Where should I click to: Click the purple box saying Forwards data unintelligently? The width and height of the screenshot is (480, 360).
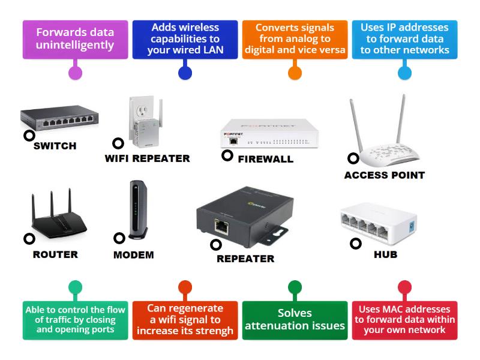click(75, 40)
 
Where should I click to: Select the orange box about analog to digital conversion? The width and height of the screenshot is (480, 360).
click(295, 40)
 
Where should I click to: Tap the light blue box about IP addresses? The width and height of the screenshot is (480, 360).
click(404, 40)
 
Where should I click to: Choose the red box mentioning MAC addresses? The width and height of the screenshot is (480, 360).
click(404, 320)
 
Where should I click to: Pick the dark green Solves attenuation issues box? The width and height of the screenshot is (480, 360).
click(295, 320)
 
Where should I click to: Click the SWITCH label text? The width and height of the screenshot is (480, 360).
click(55, 146)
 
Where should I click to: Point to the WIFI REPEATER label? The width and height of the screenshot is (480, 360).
click(147, 158)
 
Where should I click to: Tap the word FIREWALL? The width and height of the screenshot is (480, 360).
click(265, 159)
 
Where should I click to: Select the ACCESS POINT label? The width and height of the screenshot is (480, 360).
click(384, 175)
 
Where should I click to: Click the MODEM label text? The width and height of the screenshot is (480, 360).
click(133, 255)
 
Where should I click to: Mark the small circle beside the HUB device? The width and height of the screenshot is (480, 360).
click(356, 244)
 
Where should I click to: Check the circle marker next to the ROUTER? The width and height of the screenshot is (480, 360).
click(29, 239)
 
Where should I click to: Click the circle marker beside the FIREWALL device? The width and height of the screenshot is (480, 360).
click(227, 155)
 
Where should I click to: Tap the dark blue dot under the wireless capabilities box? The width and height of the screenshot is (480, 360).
click(185, 73)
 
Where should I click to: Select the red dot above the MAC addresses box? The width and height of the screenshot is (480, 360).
click(404, 287)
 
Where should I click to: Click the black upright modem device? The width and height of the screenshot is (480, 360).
click(135, 210)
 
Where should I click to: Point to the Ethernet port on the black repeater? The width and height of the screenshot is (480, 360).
click(221, 227)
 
